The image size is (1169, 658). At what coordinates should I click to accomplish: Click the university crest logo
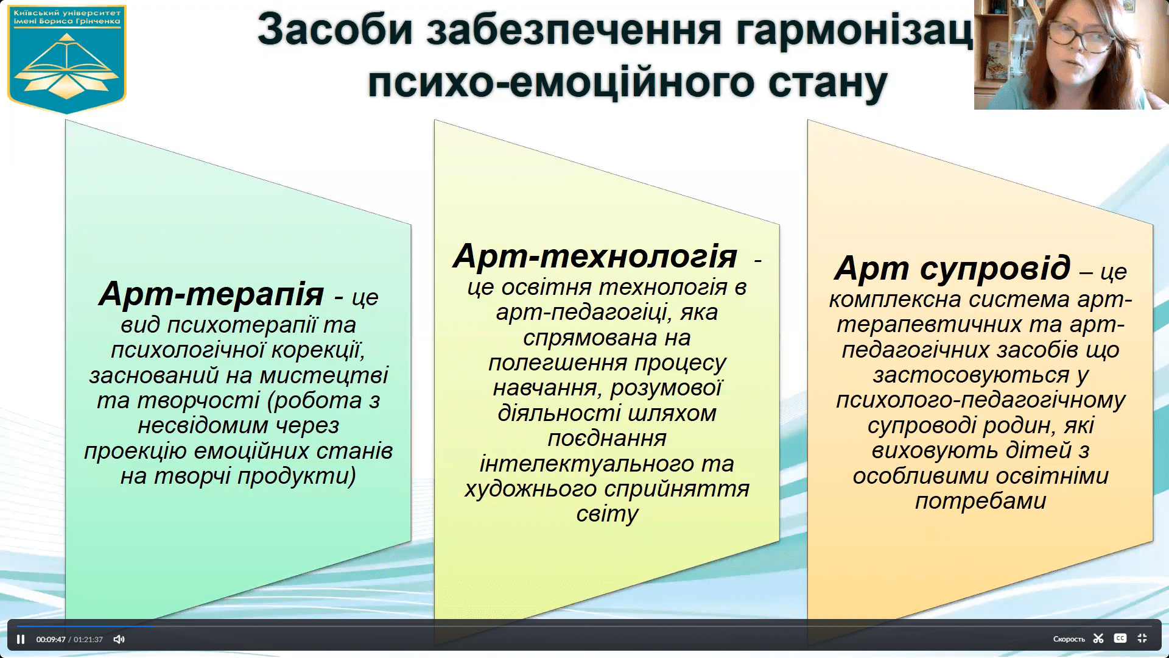[x=66, y=59]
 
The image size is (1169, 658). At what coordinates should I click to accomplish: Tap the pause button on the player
[x=21, y=639]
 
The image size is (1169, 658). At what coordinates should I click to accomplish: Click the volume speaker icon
[x=119, y=639]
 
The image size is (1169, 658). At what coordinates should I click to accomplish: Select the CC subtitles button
[x=1120, y=639]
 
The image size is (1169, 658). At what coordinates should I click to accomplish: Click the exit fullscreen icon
[x=1142, y=639]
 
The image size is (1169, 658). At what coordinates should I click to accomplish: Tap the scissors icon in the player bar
[x=1098, y=639]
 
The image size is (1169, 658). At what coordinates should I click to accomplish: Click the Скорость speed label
[x=1069, y=639]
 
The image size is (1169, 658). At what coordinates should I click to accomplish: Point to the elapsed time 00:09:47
[x=51, y=639]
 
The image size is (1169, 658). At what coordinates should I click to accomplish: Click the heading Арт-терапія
[x=211, y=294]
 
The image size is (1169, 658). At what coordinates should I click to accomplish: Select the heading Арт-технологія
[x=595, y=256]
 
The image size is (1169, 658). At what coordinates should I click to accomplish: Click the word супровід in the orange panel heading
[x=995, y=267]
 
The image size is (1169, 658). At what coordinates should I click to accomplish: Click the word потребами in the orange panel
[x=980, y=501]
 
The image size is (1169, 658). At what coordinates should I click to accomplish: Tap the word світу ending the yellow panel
[x=607, y=514]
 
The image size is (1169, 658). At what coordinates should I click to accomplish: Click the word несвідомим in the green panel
[x=203, y=425]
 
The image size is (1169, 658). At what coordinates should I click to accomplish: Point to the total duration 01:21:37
[x=88, y=639]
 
